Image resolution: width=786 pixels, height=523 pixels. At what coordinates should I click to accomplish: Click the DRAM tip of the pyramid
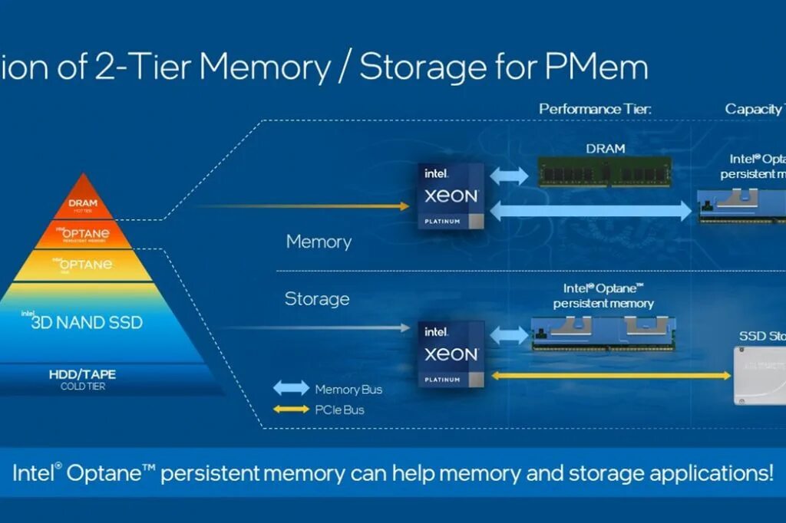pyautogui.click(x=82, y=202)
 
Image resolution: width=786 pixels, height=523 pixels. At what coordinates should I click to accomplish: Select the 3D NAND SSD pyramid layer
pyautogui.click(x=87, y=322)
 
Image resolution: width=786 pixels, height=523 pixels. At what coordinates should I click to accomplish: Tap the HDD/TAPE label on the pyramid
pyautogui.click(x=83, y=375)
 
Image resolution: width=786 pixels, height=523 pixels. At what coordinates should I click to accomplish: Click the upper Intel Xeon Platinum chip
pyautogui.click(x=451, y=196)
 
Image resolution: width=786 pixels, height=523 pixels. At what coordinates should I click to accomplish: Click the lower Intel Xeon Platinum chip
pyautogui.click(x=451, y=354)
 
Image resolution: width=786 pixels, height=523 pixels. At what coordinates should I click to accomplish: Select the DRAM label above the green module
pyautogui.click(x=605, y=148)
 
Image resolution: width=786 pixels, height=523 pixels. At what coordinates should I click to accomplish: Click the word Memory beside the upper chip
pyautogui.click(x=319, y=242)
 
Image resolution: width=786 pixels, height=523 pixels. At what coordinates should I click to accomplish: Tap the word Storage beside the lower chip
pyautogui.click(x=317, y=298)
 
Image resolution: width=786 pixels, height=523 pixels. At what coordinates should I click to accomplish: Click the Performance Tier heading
pyautogui.click(x=595, y=109)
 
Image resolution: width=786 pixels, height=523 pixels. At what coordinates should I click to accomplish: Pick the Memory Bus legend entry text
pyautogui.click(x=348, y=389)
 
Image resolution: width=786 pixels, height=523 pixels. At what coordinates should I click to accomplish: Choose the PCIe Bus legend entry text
pyautogui.click(x=339, y=410)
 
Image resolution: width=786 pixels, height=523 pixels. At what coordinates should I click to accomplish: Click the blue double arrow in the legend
pyautogui.click(x=292, y=388)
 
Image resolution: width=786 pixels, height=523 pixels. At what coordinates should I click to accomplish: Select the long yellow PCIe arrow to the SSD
pyautogui.click(x=611, y=376)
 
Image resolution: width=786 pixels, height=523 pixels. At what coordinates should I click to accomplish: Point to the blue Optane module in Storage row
pyautogui.click(x=603, y=334)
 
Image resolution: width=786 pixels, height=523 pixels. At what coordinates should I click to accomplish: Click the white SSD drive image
pyautogui.click(x=760, y=376)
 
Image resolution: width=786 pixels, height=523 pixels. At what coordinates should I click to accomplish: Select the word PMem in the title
pyautogui.click(x=596, y=67)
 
